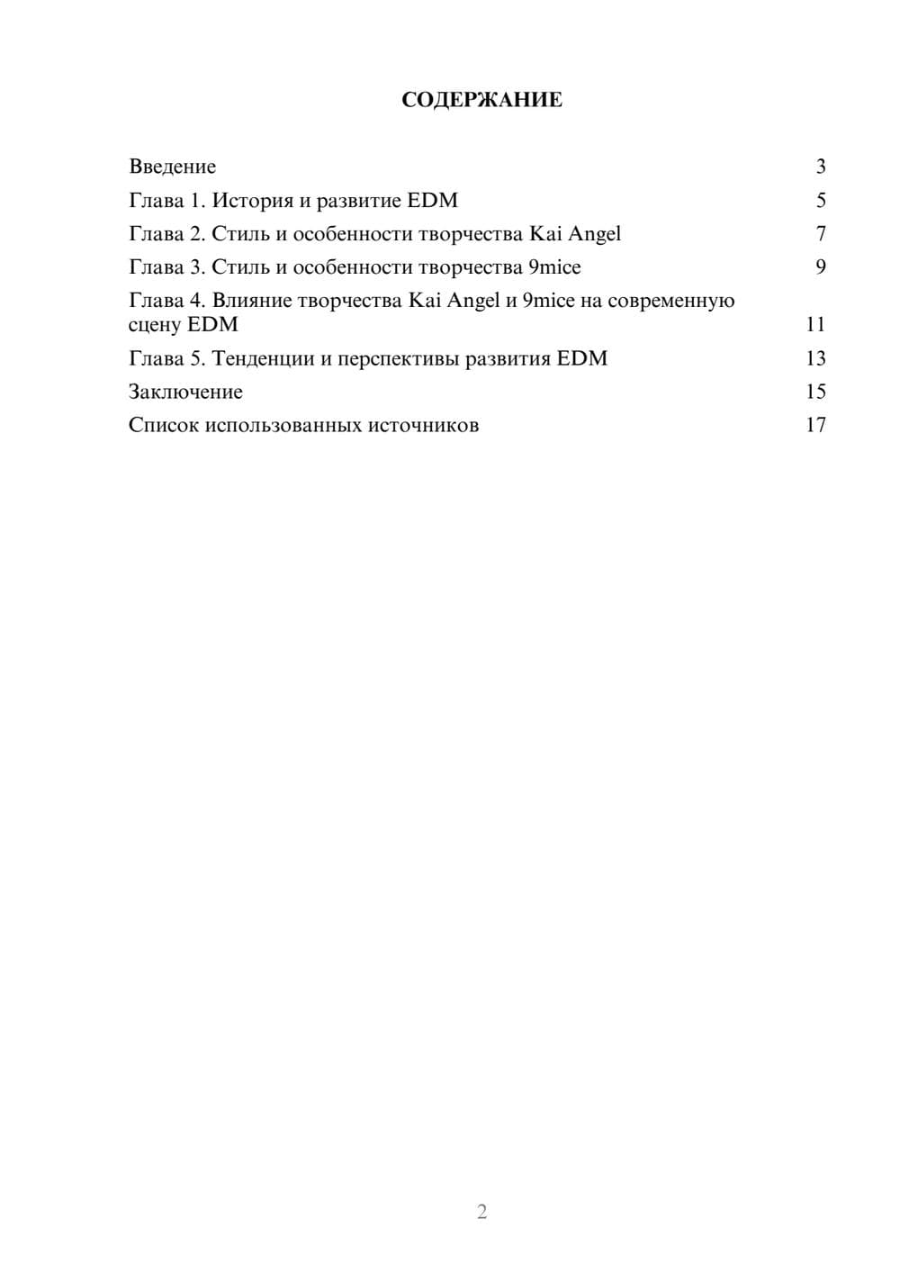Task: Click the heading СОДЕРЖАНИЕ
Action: pyautogui.click(x=481, y=100)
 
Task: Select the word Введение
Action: pyautogui.click(x=172, y=167)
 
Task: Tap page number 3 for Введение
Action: pyautogui.click(x=820, y=167)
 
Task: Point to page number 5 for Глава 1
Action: pyautogui.click(x=820, y=200)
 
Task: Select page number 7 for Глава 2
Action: pyautogui.click(x=820, y=234)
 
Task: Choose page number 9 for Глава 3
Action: pyautogui.click(x=820, y=267)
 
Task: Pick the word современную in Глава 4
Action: pyautogui.click(x=671, y=301)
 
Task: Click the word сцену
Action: pyautogui.click(x=155, y=324)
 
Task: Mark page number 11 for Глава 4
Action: pyautogui.click(x=815, y=324)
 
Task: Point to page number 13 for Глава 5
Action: pyautogui.click(x=815, y=358)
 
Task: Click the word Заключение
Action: pyautogui.click(x=185, y=392)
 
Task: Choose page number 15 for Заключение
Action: pyautogui.click(x=815, y=392)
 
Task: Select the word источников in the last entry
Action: pyautogui.click(x=423, y=425)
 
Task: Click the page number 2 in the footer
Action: pyautogui.click(x=481, y=1212)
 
